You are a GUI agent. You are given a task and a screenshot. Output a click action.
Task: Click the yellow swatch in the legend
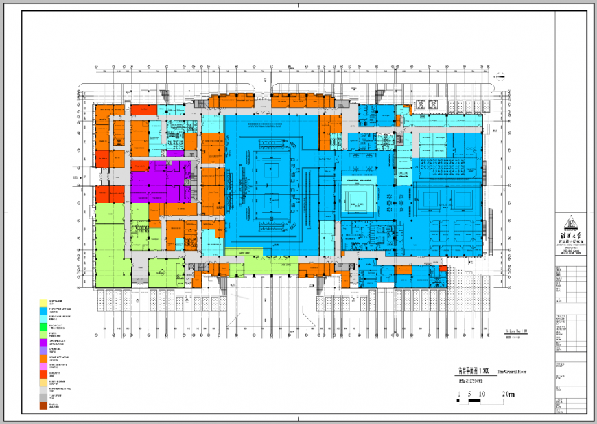pyautogui.click(x=43, y=303)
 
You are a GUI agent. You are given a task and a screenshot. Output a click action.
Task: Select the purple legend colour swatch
pyautogui.click(x=43, y=342)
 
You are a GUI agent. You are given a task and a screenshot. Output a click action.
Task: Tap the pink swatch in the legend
pyautogui.click(x=43, y=366)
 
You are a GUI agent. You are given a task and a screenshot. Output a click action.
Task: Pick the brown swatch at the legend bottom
pyautogui.click(x=43, y=405)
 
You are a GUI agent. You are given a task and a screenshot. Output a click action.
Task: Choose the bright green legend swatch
pyautogui.click(x=43, y=326)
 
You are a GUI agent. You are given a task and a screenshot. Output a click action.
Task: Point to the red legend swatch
pyautogui.click(x=43, y=374)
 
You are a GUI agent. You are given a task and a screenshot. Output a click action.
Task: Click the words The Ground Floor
pyautogui.click(x=511, y=371)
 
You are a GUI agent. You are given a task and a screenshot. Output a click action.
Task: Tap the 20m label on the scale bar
pyautogui.click(x=508, y=394)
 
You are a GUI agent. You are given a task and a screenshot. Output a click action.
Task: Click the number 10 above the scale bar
pyautogui.click(x=483, y=394)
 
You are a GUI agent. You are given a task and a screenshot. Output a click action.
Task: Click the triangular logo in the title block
pyautogui.click(x=569, y=223)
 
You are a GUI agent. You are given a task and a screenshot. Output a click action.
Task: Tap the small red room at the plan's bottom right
pyautogui.click(x=443, y=269)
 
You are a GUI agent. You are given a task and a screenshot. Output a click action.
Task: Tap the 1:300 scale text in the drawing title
pyautogui.click(x=479, y=371)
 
